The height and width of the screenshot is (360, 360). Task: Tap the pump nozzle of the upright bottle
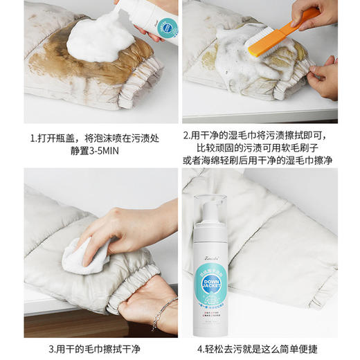click(212, 201)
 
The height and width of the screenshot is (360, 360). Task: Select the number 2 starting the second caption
click(186, 136)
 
